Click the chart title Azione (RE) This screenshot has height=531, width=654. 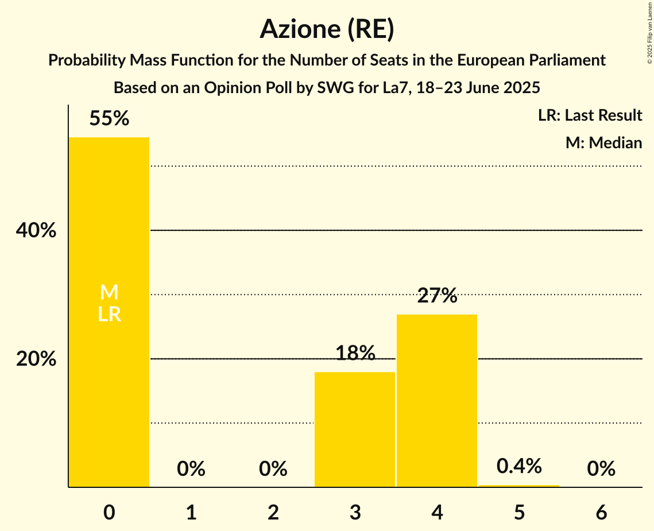point(327,29)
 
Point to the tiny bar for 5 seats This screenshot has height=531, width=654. point(518,486)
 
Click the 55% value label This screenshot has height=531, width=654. point(109,119)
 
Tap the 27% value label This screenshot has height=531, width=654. point(437,296)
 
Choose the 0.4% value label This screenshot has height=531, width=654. point(518,466)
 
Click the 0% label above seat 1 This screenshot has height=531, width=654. point(191,469)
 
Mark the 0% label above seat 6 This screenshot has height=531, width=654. point(601,469)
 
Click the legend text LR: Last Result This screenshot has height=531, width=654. point(590,116)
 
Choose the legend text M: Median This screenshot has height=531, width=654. point(603,143)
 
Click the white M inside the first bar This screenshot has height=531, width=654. point(109,293)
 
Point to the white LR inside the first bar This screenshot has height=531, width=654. point(109,314)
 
